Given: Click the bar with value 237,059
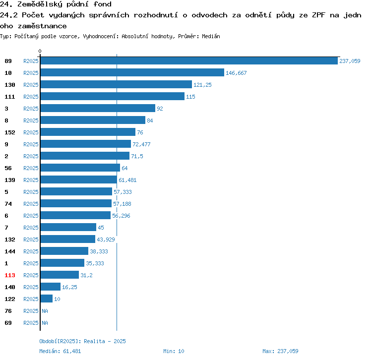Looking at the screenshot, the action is [189, 60].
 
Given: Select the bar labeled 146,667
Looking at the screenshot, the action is [132, 72].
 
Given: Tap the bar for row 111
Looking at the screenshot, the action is [113, 96].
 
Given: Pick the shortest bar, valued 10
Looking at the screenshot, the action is [47, 299].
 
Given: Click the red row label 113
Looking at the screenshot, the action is [10, 275].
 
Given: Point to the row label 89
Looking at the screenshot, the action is [8, 61].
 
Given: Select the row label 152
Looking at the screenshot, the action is [10, 132].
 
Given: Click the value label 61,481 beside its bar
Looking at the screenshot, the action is [127, 180].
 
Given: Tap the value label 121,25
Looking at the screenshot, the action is [202, 85].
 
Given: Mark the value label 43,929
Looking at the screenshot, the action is [106, 240].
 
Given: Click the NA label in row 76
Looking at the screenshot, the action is [45, 311].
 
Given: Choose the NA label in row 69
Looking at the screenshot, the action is [45, 323].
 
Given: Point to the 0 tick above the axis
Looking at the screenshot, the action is [40, 51].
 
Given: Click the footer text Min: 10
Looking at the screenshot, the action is [174, 351].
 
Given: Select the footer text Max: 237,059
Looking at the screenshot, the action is [280, 351].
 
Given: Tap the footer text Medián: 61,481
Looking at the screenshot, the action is [60, 351].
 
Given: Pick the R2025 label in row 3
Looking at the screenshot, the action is [31, 109].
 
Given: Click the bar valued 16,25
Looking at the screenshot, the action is [51, 287].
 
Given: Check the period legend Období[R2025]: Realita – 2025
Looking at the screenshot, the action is [82, 341].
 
